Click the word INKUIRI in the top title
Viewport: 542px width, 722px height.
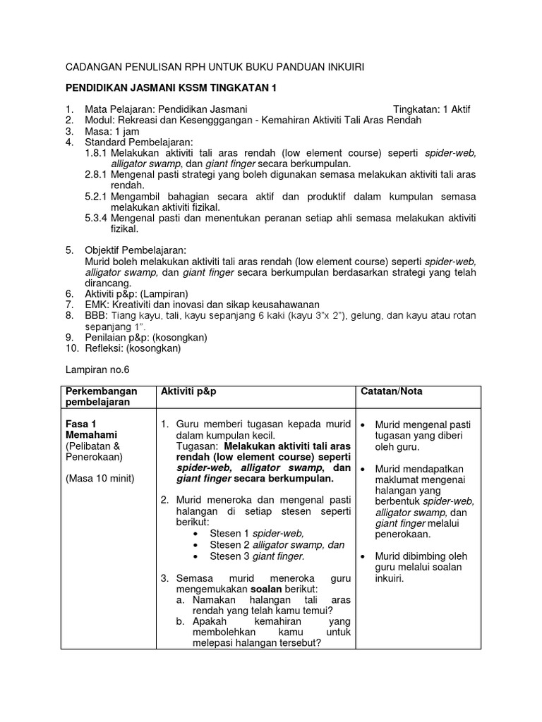(342, 67)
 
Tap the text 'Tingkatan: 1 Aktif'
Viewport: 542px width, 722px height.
(430, 109)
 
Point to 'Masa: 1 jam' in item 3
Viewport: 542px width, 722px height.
(113, 131)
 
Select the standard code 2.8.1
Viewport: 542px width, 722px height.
(95, 174)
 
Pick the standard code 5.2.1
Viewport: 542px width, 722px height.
(95, 196)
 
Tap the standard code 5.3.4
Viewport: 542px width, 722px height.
(95, 218)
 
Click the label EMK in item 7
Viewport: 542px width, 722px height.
(96, 304)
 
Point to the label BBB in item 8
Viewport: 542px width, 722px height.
(95, 315)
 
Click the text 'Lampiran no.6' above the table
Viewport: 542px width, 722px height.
(98, 370)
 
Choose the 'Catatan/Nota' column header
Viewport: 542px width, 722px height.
(392, 391)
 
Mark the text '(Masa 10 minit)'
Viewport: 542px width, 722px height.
(100, 479)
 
